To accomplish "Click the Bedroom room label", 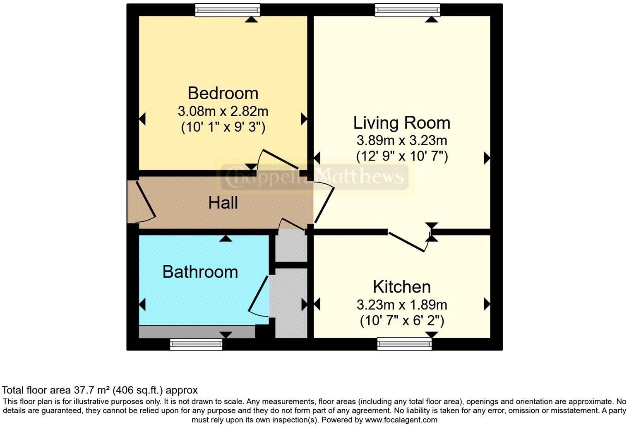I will pos(223,93).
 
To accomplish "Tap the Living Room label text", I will pos(401,123).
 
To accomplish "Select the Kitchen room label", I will pos(401,287).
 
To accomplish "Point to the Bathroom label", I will pos(200,272).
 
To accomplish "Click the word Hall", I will pos(223,203).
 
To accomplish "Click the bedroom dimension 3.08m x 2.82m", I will pos(223,111).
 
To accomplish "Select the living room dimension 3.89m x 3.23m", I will pos(401,141).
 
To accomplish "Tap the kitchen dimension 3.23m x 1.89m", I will pos(401,305).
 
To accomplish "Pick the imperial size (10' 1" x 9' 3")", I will pos(223,127).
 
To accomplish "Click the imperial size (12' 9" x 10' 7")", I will pos(401,156).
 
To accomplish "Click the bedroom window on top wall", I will pos(227,10).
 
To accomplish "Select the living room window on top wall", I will pos(407,10).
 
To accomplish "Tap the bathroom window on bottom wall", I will pos(196,344).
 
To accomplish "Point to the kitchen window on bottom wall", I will pos(404,344).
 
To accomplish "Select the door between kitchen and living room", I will pos(408,241).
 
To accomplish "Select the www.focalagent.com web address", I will pos(400,420).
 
